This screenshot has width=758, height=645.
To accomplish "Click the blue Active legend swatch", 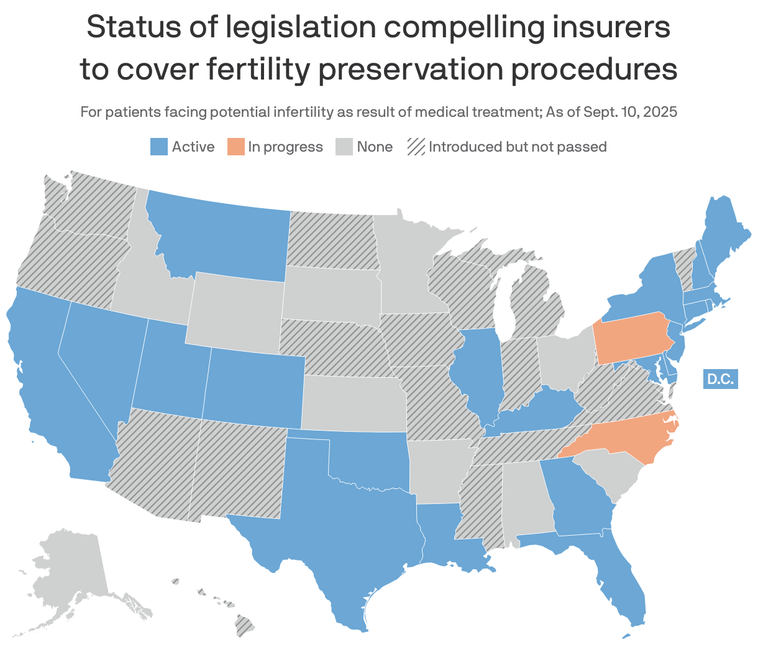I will click(x=159, y=147).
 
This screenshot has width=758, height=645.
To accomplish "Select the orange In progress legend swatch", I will click(x=235, y=147).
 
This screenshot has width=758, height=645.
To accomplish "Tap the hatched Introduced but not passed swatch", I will click(x=416, y=147).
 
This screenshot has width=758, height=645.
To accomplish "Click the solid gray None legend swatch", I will click(x=344, y=147).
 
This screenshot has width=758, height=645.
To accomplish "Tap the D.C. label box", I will click(x=720, y=378).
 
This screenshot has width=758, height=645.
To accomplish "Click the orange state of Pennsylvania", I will click(x=631, y=339).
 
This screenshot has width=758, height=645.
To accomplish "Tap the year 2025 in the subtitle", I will click(x=660, y=112).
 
